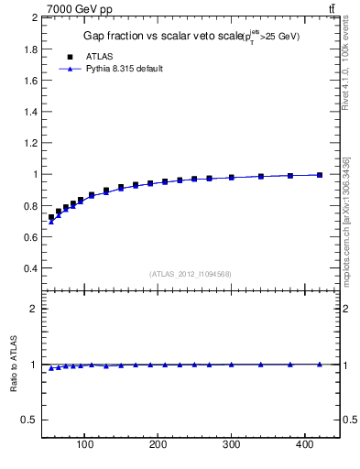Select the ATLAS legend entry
click(99, 56)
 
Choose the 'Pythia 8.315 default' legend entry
click(125, 69)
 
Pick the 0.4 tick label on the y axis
click(28, 268)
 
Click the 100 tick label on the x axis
click(85, 446)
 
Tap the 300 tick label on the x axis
click(232, 446)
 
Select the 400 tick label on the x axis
click(305, 446)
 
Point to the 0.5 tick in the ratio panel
click(28, 420)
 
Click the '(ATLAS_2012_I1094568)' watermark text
click(191, 274)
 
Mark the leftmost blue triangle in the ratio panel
click(51, 368)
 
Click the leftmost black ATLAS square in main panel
click(51, 217)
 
